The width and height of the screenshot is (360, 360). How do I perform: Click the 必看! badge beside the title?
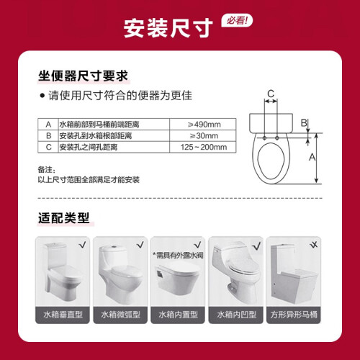click(x=237, y=21)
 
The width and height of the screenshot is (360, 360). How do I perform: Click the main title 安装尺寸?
click(x=168, y=28)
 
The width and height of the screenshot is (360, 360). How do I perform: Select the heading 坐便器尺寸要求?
click(x=83, y=76)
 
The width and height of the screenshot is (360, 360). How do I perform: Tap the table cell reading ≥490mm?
click(x=204, y=125)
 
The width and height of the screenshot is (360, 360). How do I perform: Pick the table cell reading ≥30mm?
click(x=204, y=136)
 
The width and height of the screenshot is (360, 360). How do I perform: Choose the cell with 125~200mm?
click(x=204, y=147)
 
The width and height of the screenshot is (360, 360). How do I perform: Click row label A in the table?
click(x=48, y=125)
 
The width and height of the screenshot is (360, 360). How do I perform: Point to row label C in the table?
click(x=48, y=147)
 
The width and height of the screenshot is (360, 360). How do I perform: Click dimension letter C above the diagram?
click(x=271, y=94)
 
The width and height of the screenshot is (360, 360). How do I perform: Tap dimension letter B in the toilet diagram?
click(x=304, y=123)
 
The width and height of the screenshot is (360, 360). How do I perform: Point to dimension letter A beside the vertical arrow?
click(x=312, y=157)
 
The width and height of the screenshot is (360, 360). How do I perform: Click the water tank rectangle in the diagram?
click(x=271, y=123)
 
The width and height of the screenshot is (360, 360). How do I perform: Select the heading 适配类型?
click(x=64, y=218)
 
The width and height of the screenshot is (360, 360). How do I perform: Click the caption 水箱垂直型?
click(x=63, y=315)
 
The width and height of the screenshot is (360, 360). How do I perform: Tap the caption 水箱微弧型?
click(x=120, y=315)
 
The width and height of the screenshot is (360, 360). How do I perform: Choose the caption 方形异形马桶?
click(x=294, y=315)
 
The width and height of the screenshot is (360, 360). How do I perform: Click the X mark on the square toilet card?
click(x=314, y=245)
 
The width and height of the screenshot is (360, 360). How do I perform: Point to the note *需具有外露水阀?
click(x=178, y=256)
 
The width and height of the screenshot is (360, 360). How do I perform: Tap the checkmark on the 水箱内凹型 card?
click(x=256, y=246)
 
